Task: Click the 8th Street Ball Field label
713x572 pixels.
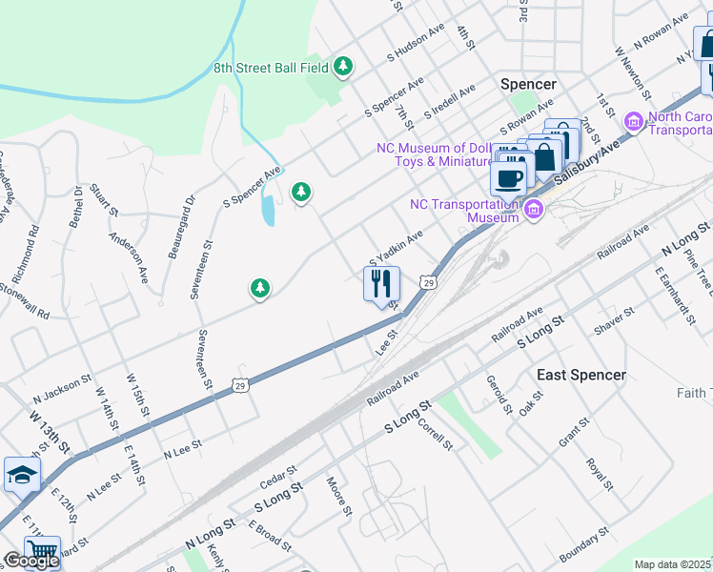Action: (270, 67)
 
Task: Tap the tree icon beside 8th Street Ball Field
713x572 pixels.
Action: (343, 67)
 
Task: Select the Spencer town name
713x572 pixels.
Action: (528, 84)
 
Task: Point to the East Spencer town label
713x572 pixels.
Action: (581, 375)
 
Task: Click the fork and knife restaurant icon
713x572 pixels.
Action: (381, 283)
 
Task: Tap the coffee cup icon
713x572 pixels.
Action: (508, 177)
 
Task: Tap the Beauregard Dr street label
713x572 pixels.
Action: (180, 228)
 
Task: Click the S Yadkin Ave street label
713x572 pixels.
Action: (396, 249)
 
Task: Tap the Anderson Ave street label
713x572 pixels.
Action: (129, 255)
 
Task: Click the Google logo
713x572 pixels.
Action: (31, 561)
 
